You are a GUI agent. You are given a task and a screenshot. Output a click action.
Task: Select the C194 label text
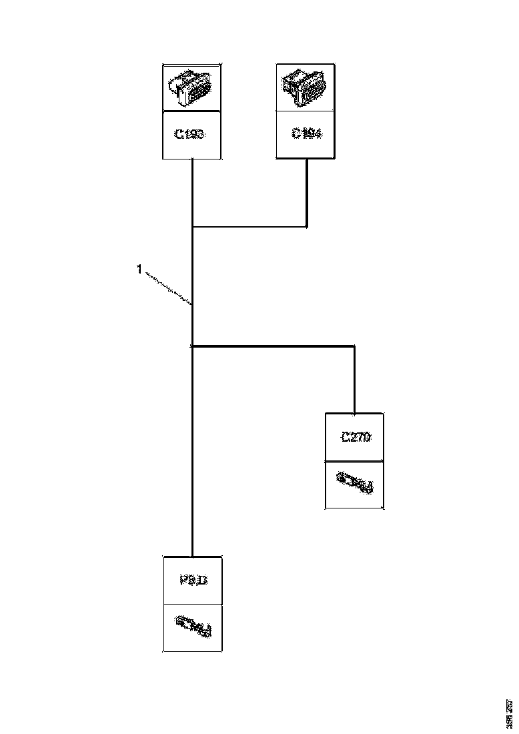(306, 133)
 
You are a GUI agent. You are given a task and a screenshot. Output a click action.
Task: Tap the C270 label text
(355, 438)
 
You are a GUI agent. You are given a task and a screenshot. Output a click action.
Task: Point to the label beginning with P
(193, 581)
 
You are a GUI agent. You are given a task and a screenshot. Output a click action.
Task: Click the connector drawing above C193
(191, 88)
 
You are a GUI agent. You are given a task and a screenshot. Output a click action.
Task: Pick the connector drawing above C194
(305, 87)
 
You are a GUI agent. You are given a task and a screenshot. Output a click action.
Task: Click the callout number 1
(139, 269)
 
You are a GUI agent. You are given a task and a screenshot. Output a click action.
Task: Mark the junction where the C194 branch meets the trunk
(192, 226)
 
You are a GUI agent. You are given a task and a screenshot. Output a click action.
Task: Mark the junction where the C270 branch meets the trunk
(192, 346)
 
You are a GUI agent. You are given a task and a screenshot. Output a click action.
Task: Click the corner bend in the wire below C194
(306, 226)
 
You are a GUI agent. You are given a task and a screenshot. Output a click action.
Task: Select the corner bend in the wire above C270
(354, 346)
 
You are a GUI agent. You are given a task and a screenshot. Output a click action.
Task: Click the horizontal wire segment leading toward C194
(249, 226)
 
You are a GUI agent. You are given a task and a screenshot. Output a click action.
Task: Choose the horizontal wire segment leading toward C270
(274, 346)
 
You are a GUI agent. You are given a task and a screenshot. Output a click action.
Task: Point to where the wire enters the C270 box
(354, 413)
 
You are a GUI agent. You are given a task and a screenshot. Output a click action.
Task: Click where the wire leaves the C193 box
(192, 159)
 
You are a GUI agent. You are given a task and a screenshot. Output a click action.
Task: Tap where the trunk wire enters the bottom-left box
(192, 556)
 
